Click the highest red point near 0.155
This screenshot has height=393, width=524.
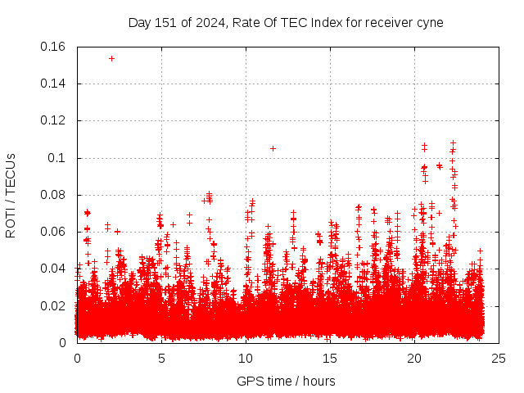(x=111, y=58)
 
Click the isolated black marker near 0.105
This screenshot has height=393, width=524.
(x=273, y=148)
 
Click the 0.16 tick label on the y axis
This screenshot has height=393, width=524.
(x=53, y=47)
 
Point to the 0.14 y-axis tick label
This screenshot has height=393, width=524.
(x=53, y=84)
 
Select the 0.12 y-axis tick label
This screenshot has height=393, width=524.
(x=53, y=120)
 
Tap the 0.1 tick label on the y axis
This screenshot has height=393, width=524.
(x=57, y=157)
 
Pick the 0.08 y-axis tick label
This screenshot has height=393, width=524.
(x=53, y=195)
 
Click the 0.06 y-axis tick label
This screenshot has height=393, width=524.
(x=53, y=232)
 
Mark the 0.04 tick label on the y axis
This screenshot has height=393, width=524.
(x=53, y=269)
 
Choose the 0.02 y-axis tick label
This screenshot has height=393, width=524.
(x=53, y=306)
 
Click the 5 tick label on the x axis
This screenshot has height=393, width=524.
(x=161, y=358)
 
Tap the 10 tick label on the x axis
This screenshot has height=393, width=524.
(x=246, y=358)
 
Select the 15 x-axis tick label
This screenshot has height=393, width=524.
(x=330, y=358)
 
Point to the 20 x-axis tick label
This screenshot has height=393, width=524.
(x=414, y=358)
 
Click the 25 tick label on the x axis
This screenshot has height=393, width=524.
(x=499, y=358)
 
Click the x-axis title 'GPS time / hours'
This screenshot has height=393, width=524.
(x=286, y=381)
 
